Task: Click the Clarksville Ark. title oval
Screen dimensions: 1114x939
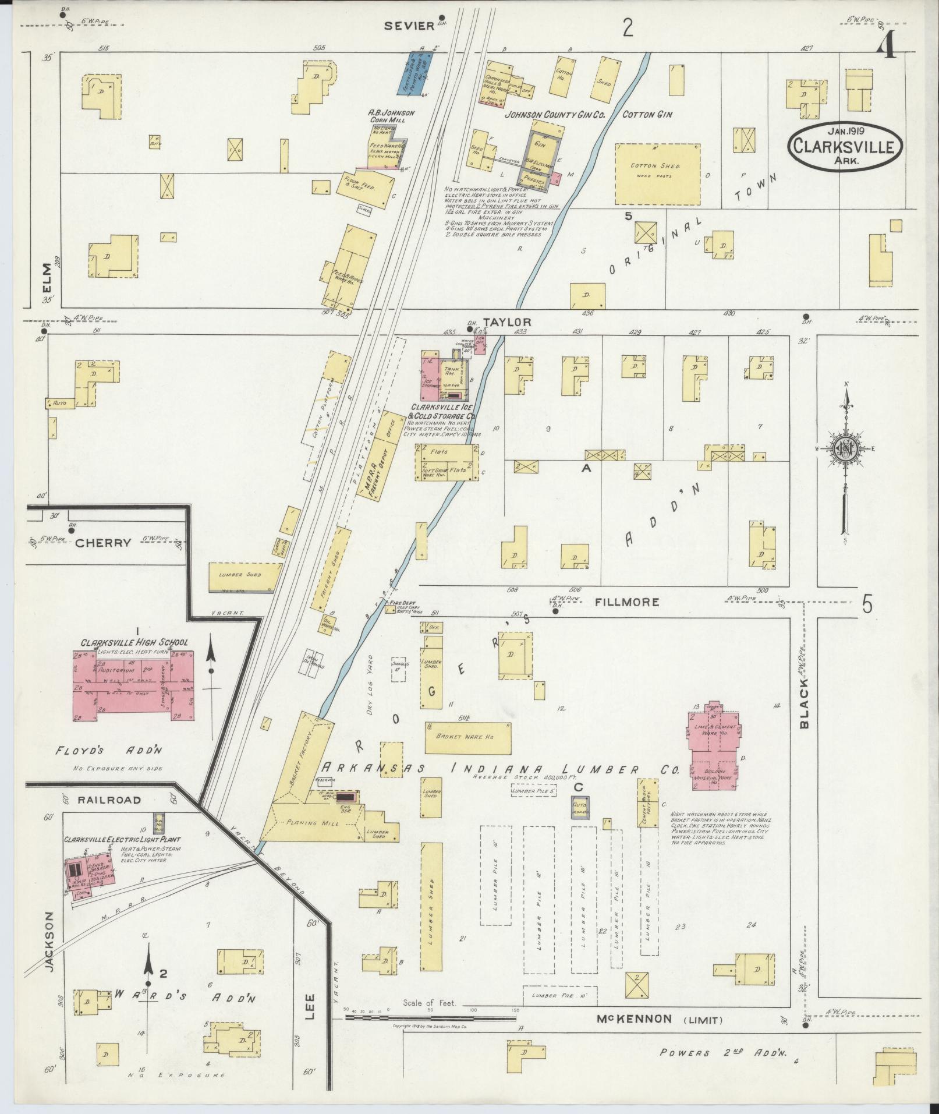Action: tap(846, 146)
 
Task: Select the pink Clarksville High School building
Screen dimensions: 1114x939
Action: tap(134, 687)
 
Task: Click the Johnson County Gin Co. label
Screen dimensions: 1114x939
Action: tap(555, 115)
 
